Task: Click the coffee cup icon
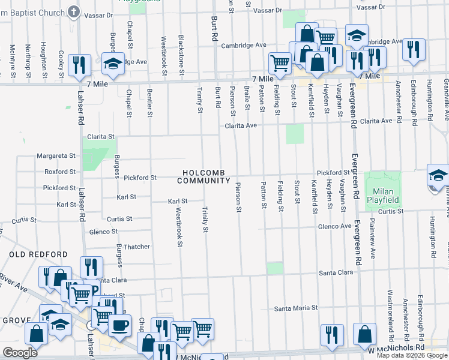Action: pyautogui.click(x=119, y=325)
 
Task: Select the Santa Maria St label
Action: pyautogui.click(x=295, y=308)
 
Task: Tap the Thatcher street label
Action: pyautogui.click(x=136, y=247)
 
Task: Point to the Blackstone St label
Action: pyautogui.click(x=181, y=50)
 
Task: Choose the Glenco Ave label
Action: pyautogui.click(x=334, y=226)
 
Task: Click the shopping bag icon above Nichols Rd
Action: pyautogui.click(x=364, y=334)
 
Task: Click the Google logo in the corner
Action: pyautogui.click(x=20, y=352)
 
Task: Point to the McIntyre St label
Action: pyautogui.click(x=13, y=61)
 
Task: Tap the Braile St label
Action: pyautogui.click(x=247, y=98)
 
